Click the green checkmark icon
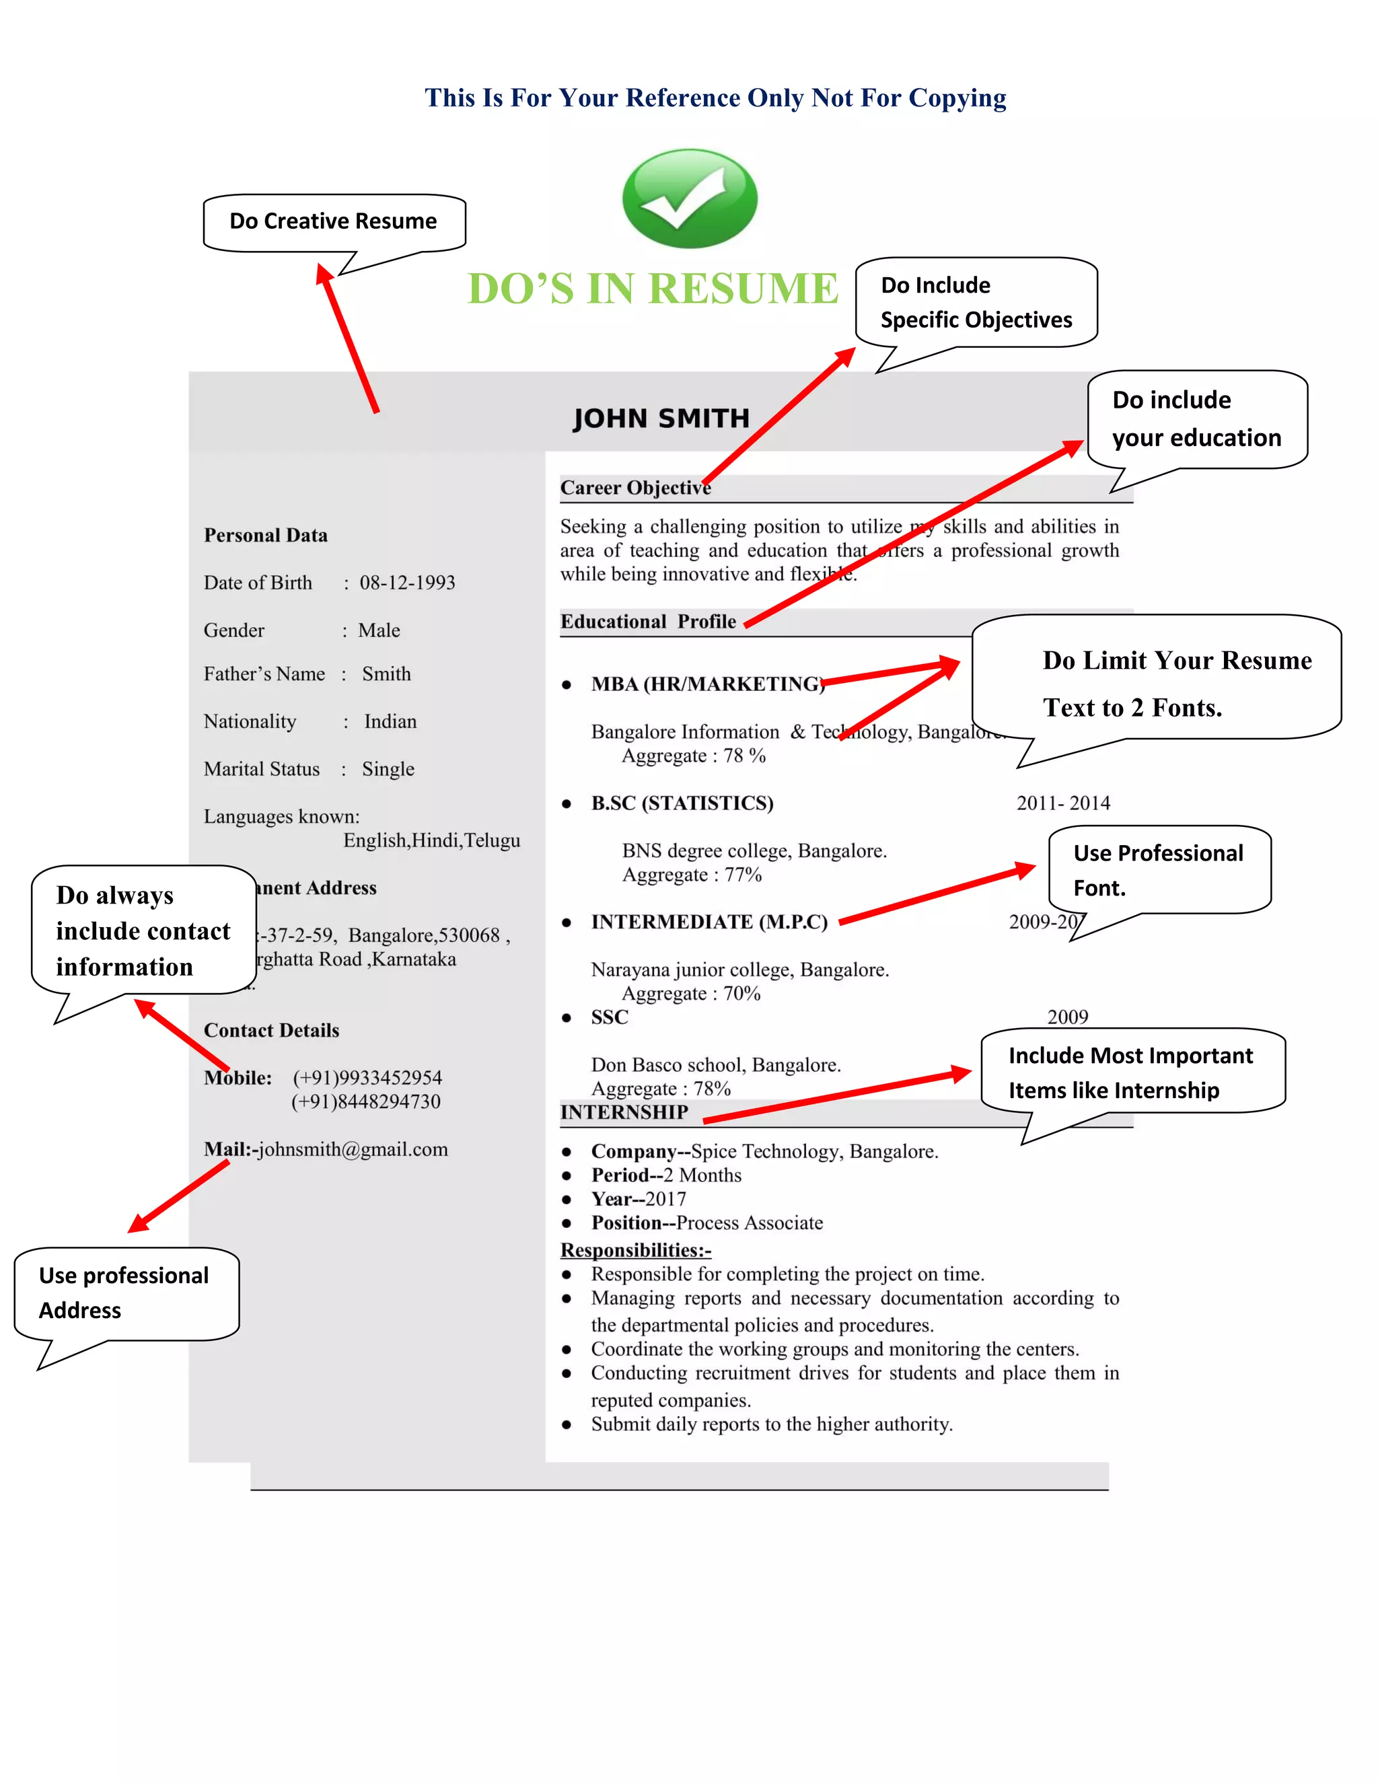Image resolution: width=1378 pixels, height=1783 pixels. [x=689, y=198]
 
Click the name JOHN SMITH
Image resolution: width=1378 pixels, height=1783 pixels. [x=661, y=418]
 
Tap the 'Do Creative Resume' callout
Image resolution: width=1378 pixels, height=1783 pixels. [x=333, y=221]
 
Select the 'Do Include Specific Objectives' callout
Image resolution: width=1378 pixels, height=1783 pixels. [x=976, y=302]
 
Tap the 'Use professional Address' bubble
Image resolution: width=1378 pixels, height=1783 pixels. [x=124, y=1293]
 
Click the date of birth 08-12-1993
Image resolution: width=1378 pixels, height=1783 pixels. [x=407, y=583]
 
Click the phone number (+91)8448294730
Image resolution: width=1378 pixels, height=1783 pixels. [x=366, y=1102]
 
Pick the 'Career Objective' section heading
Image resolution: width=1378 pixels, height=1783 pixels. [x=635, y=488]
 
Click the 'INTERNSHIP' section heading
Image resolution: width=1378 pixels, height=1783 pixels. [x=624, y=1113]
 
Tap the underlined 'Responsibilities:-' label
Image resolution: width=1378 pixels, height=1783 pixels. [x=635, y=1250]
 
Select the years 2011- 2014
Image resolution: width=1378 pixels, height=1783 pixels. [x=1063, y=803]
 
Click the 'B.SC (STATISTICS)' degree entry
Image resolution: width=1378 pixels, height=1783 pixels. [x=682, y=803]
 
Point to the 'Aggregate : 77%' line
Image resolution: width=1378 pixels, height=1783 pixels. [x=692, y=875]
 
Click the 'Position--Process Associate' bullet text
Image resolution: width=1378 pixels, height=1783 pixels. [x=707, y=1223]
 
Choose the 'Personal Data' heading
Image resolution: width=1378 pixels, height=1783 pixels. [x=265, y=536]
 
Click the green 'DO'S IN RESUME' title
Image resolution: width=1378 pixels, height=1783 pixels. [x=652, y=289]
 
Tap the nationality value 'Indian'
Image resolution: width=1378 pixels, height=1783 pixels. [x=390, y=722]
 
